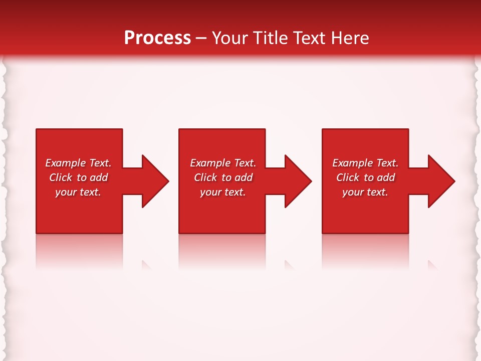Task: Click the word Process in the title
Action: coord(157,38)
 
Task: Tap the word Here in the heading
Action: coord(349,38)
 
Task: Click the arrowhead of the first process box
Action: coord(153,181)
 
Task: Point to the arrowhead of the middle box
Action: coord(297,181)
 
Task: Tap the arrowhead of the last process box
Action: coord(440,181)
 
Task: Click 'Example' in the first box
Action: coord(65,163)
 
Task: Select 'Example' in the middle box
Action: coord(210,163)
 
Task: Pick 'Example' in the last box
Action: coord(352,163)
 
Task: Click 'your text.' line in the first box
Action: coord(78,192)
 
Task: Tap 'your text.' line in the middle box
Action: coord(222,192)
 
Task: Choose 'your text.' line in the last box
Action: coord(365,192)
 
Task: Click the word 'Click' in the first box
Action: coord(61,177)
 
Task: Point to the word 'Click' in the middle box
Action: coord(205,177)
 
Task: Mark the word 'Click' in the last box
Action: coord(348,177)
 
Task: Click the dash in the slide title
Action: coord(201,39)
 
